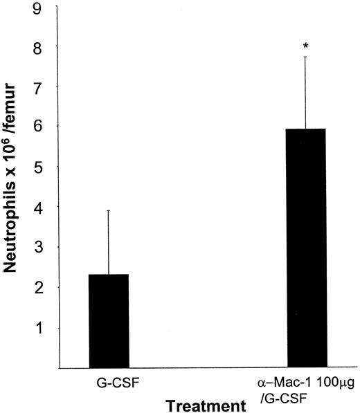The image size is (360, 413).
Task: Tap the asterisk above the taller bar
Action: (x=306, y=46)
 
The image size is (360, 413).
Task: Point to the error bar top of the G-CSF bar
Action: (x=109, y=210)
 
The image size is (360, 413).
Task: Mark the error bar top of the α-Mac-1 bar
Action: (x=306, y=57)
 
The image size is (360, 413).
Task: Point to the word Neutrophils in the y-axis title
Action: (x=14, y=228)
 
